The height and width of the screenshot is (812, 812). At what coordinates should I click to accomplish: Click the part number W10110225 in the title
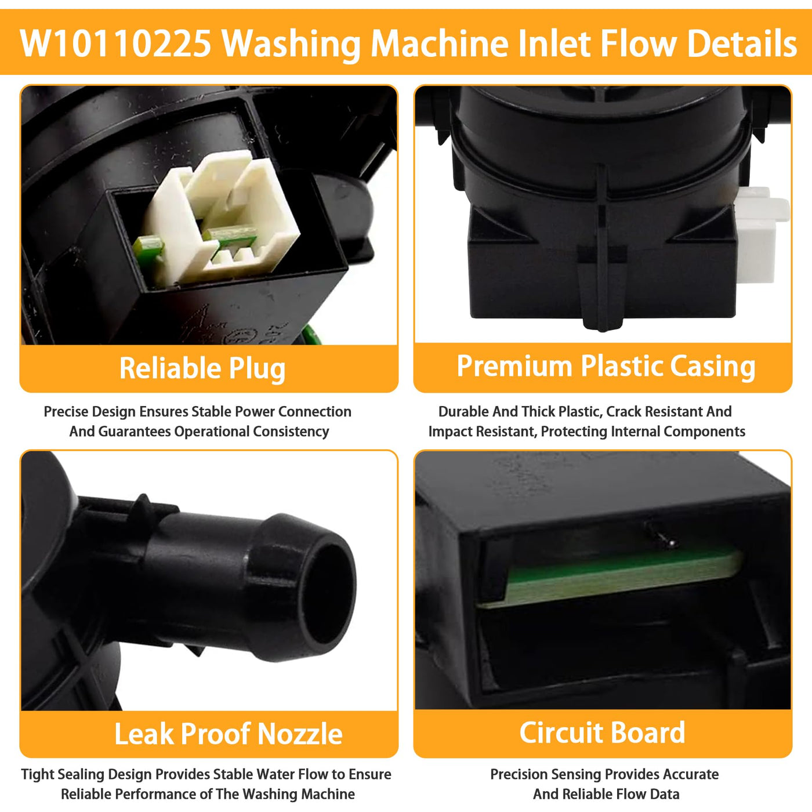(x=115, y=43)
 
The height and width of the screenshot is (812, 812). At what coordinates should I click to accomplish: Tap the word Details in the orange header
(x=742, y=43)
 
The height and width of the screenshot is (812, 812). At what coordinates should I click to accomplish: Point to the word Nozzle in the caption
(x=300, y=734)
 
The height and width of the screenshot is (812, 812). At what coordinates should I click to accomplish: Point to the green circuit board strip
(x=611, y=579)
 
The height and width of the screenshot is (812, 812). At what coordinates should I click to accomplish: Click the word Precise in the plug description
(x=66, y=412)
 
